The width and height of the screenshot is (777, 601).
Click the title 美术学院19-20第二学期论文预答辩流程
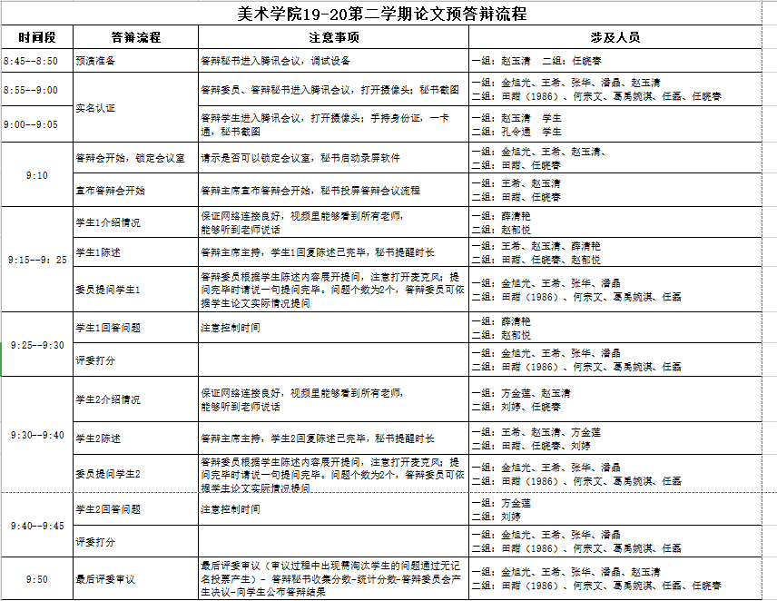388,13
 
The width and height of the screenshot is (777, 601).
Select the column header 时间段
36,37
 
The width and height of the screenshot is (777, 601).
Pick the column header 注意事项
333,37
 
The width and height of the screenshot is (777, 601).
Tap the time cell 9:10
36,174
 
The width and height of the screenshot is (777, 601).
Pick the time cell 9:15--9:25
36,260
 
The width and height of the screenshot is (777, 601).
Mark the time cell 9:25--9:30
36,345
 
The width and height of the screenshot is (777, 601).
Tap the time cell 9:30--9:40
36,435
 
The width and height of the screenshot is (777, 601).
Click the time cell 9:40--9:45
36,526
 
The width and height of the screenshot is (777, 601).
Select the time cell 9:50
36,578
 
